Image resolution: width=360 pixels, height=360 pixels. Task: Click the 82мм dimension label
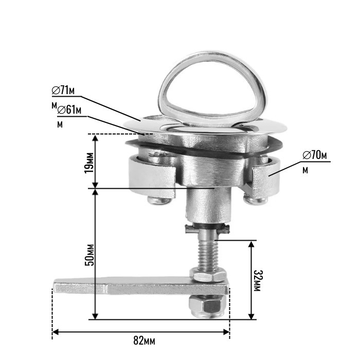tap(143, 340)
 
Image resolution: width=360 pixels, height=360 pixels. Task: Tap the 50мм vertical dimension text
tap(89, 254)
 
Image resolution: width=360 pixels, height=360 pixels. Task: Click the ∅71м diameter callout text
tap(64, 91)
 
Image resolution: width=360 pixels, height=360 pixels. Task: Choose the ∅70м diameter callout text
tap(315, 154)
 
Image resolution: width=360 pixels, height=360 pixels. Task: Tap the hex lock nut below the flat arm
tap(204, 308)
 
